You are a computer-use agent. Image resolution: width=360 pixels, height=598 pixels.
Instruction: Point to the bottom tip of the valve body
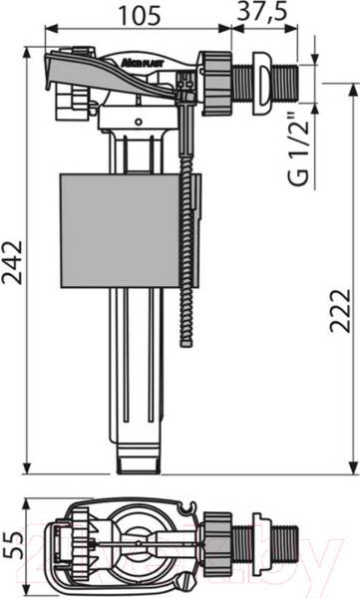tap(138, 459)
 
